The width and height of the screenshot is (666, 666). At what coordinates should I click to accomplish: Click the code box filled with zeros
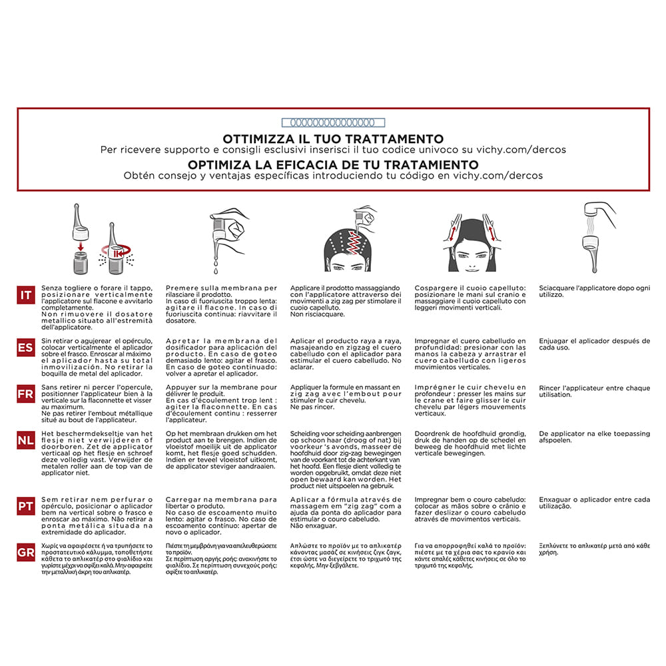[x=334, y=123]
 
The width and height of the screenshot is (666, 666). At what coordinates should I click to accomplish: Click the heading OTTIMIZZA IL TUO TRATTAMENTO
[x=334, y=139]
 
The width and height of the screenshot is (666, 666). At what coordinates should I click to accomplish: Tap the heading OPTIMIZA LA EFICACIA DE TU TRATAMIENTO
[x=334, y=164]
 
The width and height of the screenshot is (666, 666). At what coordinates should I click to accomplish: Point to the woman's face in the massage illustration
[x=470, y=256]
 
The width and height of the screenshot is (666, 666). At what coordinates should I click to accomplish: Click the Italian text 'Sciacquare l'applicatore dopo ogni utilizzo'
[x=594, y=292]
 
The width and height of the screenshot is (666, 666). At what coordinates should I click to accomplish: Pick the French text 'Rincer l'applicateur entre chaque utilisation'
[x=594, y=391]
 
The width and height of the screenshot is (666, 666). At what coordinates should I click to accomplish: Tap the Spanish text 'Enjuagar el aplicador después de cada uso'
[x=594, y=344]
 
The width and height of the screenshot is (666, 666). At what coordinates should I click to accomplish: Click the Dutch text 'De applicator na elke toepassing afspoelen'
[x=594, y=437]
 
